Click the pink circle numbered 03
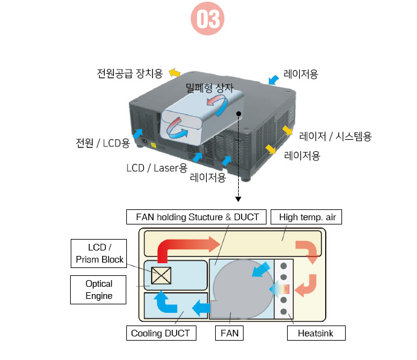[x=207, y=20]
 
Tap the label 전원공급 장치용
[x=130, y=73]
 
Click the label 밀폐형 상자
[x=210, y=88]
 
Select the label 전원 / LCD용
[x=103, y=143]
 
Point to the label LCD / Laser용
[x=157, y=167]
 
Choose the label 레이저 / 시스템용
[x=335, y=136]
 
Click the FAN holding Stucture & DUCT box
[x=197, y=217]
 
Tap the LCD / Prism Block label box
[x=100, y=253]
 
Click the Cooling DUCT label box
[x=160, y=333]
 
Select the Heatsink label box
[x=315, y=333]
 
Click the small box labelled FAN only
[x=230, y=333]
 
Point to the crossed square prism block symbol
[x=161, y=275]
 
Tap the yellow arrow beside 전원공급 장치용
[x=174, y=73]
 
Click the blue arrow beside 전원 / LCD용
[x=138, y=133]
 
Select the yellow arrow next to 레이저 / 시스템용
[x=288, y=129]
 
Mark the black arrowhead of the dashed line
[x=239, y=198]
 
